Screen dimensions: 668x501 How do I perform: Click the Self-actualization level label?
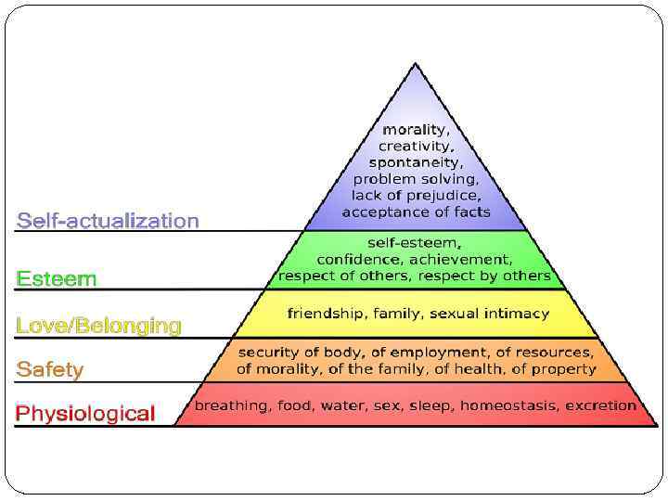(x=108, y=221)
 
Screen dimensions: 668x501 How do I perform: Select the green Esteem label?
(x=56, y=278)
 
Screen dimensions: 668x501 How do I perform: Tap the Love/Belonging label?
(x=98, y=326)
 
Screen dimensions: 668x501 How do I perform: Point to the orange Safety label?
(x=49, y=369)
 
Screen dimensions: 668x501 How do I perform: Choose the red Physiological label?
(x=85, y=413)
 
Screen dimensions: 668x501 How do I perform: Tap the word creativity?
(x=416, y=147)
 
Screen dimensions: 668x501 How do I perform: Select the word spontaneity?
(x=416, y=163)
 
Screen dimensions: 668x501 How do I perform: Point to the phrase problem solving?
(x=416, y=179)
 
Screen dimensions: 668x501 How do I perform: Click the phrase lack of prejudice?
(x=416, y=196)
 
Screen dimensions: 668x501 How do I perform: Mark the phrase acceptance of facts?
(x=416, y=212)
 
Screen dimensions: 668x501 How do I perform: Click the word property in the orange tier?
(x=565, y=369)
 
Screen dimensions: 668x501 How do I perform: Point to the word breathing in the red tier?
(x=228, y=405)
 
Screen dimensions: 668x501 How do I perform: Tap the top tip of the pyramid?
(x=416, y=64)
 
